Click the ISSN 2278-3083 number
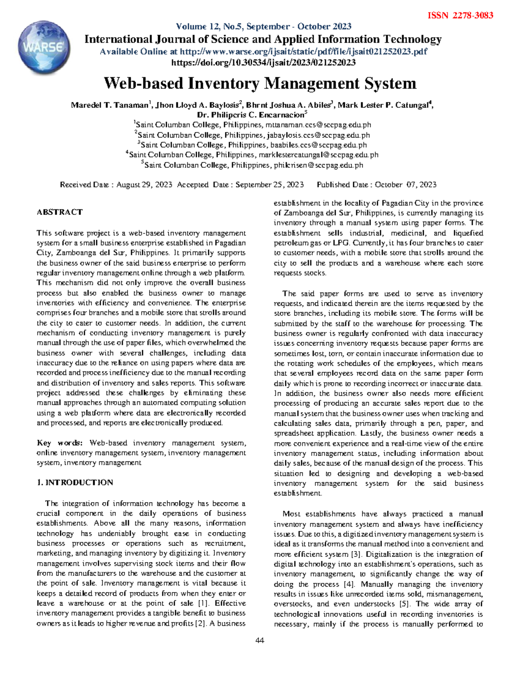(460, 16)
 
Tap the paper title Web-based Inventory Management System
(260, 83)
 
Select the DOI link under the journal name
(263, 62)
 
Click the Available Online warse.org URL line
(263, 52)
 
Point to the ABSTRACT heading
(59, 212)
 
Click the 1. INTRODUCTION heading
(75, 483)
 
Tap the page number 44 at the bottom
(260, 640)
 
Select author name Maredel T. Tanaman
(109, 105)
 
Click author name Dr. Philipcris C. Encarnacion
(250, 115)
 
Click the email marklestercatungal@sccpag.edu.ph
(318, 155)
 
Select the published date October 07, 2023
(406, 185)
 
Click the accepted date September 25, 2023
(269, 185)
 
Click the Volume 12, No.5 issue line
(263, 26)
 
